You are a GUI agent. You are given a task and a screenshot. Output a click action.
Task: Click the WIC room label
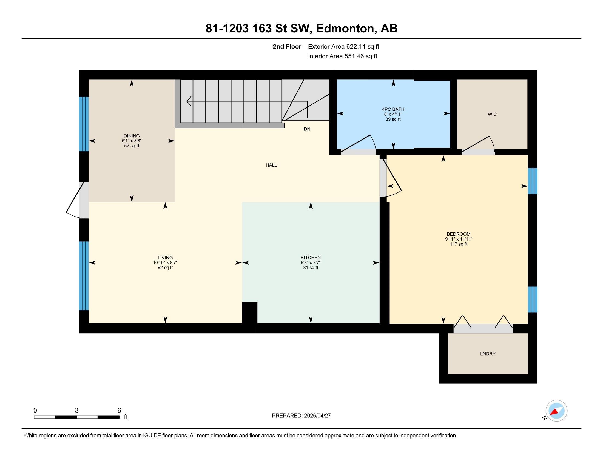[x=492, y=114]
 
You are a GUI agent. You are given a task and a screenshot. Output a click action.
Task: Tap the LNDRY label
[x=488, y=354]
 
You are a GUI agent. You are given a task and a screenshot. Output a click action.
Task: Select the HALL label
[x=271, y=165]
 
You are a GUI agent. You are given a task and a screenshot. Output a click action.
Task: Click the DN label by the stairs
[x=307, y=129]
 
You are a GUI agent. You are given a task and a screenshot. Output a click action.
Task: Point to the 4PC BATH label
[x=393, y=109]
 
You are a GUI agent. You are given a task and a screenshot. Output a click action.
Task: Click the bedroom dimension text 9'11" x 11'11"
[x=459, y=239]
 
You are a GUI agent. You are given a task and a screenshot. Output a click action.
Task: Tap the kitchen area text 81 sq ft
[x=311, y=268]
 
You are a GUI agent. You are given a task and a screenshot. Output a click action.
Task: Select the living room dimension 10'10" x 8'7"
[x=165, y=263]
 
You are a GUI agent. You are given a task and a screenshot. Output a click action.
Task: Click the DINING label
[x=131, y=136]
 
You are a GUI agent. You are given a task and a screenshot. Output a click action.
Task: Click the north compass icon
[x=556, y=411]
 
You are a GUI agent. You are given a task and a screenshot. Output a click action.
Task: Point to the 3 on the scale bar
[x=76, y=411]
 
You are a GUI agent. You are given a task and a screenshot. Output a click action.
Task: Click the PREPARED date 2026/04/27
[x=317, y=416]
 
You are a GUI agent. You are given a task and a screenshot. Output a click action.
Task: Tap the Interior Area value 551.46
[x=354, y=56]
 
